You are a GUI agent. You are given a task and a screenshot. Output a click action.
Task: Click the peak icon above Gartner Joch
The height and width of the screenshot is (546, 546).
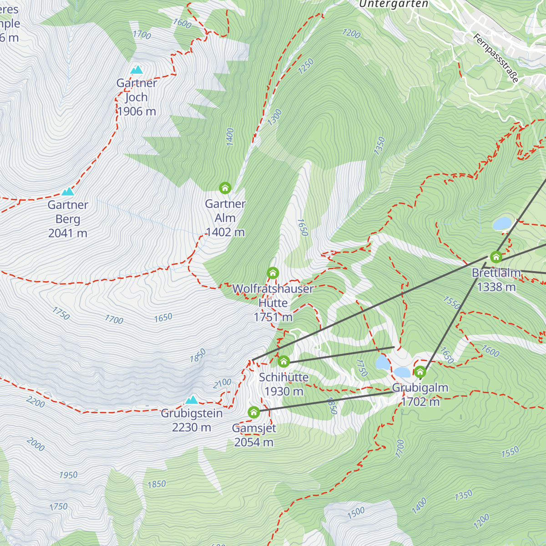136,70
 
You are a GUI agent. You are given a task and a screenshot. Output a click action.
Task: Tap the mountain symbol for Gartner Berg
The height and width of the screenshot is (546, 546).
68,192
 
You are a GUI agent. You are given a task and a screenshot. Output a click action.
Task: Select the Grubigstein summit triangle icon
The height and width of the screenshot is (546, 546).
192,400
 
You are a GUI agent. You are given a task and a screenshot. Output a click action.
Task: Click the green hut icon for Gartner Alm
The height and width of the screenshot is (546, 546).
225,187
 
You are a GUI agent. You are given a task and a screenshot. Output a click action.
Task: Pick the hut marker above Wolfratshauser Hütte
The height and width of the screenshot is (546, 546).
273,273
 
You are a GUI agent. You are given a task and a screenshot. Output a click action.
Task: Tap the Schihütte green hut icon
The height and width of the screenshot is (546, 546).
283,362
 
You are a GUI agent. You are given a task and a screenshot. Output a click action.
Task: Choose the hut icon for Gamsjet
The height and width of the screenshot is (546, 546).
253,412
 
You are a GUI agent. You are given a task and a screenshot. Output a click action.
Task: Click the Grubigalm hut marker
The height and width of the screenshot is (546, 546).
420,372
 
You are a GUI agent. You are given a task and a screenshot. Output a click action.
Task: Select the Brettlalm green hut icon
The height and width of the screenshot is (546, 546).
496,257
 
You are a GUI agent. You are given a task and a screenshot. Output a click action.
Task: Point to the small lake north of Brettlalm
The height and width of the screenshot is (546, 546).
502,223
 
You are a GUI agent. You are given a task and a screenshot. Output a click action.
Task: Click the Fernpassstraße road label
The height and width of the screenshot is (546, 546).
496,58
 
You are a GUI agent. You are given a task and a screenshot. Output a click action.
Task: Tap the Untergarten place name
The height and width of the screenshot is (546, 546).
394,4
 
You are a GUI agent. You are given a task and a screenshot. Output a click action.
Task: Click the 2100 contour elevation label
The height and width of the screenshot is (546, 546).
222,384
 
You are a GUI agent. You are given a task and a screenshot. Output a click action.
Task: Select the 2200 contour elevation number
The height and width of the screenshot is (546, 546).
35,402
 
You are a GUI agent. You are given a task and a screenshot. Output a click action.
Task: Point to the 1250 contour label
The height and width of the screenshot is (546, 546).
306,66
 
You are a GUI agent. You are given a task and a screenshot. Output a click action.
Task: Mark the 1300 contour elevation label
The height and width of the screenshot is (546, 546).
274,118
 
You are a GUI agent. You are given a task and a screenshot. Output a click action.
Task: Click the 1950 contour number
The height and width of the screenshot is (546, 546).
68,475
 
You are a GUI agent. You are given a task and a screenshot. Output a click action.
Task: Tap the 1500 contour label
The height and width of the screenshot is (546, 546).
356,513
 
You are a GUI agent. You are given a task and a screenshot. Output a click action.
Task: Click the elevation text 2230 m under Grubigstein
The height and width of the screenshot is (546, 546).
192,427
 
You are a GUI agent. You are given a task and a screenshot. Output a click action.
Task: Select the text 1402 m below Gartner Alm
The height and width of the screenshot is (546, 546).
225,232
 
